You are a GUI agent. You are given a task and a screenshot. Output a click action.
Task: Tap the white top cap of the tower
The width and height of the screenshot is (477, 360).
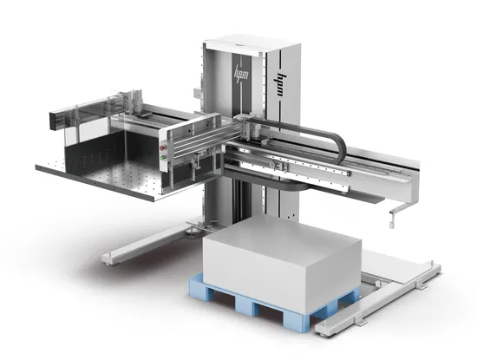246,39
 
